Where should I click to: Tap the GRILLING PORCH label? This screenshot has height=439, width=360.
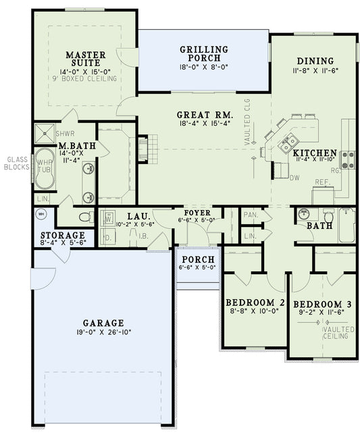(203, 54)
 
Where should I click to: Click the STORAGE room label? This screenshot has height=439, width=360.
(58, 236)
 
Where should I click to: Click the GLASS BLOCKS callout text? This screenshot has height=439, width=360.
(16, 165)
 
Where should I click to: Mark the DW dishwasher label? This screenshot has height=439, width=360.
(294, 178)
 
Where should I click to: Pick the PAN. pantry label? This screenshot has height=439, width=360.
(249, 215)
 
